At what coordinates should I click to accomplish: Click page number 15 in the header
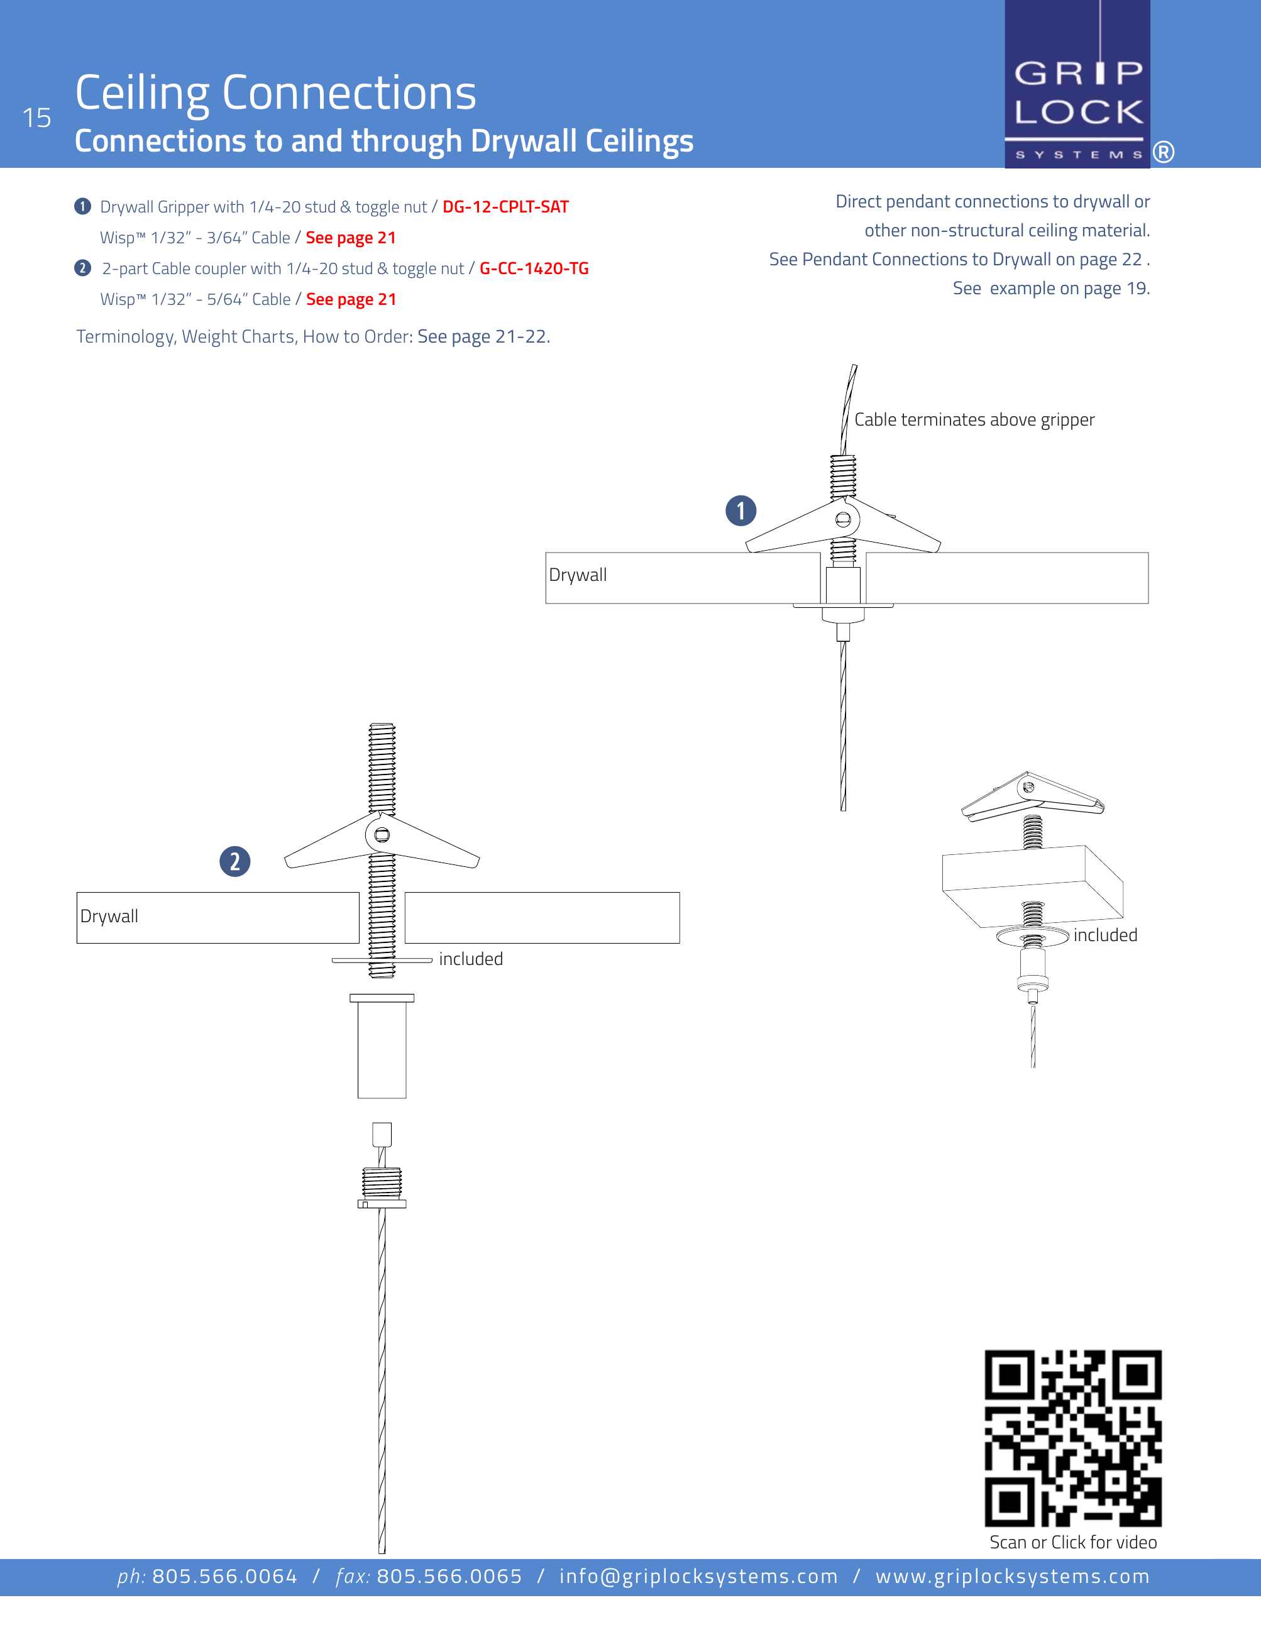(36, 118)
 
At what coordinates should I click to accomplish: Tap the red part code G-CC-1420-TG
(534, 268)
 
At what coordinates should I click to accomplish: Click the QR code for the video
(1073, 1437)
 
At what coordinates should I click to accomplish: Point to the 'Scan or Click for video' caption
(1073, 1542)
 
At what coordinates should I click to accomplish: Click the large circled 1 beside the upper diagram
(741, 510)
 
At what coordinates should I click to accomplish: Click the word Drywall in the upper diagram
(578, 575)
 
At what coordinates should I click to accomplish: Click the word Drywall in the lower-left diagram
(109, 916)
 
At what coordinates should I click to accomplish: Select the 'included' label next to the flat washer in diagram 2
(471, 959)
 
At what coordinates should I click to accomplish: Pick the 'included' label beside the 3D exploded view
(1105, 935)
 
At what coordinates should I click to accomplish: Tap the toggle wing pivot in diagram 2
(382, 835)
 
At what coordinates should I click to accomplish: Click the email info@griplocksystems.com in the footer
(698, 1577)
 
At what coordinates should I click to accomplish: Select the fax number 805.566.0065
(449, 1577)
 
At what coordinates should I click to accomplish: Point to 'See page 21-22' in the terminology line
(483, 337)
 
